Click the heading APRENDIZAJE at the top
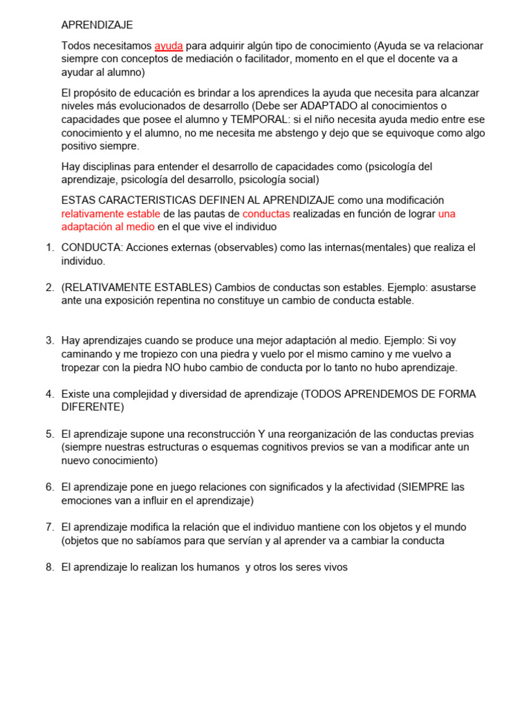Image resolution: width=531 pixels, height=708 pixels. [97, 26]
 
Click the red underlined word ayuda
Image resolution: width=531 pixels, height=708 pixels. [169, 46]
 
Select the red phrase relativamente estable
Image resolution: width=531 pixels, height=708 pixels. [111, 214]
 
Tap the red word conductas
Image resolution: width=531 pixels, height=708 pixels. [266, 214]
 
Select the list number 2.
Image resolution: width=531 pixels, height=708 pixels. [50, 288]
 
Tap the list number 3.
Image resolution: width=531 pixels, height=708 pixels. [50, 341]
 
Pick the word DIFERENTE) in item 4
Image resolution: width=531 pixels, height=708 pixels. [93, 407]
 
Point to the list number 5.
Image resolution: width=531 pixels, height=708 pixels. [50, 434]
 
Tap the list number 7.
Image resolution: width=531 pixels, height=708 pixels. [50, 527]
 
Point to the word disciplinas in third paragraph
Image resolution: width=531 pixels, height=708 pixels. [104, 167]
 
